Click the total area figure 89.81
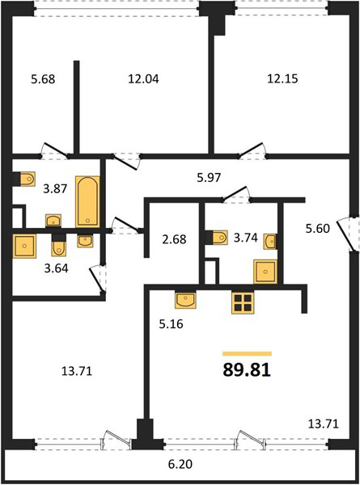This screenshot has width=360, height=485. pyautogui.click(x=247, y=370)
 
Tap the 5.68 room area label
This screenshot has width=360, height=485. pyautogui.click(x=43, y=79)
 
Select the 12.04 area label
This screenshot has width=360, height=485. pyautogui.click(x=143, y=79)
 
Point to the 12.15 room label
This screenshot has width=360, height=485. pyautogui.click(x=282, y=78)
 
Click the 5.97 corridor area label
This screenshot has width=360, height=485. pyautogui.click(x=210, y=178)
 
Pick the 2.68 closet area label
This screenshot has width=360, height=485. pyautogui.click(x=174, y=239)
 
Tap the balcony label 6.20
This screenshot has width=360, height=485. pyautogui.click(x=180, y=464)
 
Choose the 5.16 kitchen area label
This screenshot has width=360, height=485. pyautogui.click(x=172, y=324)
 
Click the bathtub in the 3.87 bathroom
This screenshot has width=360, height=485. pyautogui.click(x=88, y=202)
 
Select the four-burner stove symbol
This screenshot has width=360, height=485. pyautogui.click(x=243, y=302)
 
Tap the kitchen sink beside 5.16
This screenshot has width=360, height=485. pyautogui.click(x=185, y=300)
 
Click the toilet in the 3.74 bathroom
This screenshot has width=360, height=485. pyautogui.click(x=220, y=238)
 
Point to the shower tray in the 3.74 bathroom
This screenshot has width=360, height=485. pyautogui.click(x=265, y=272)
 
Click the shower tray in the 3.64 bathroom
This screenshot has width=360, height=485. pyautogui.click(x=24, y=246)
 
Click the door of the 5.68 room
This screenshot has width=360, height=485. pyautogui.click(x=56, y=150)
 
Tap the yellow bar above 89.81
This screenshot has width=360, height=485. pyautogui.click(x=247, y=354)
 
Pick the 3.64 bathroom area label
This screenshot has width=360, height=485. pyautogui.click(x=56, y=268)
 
